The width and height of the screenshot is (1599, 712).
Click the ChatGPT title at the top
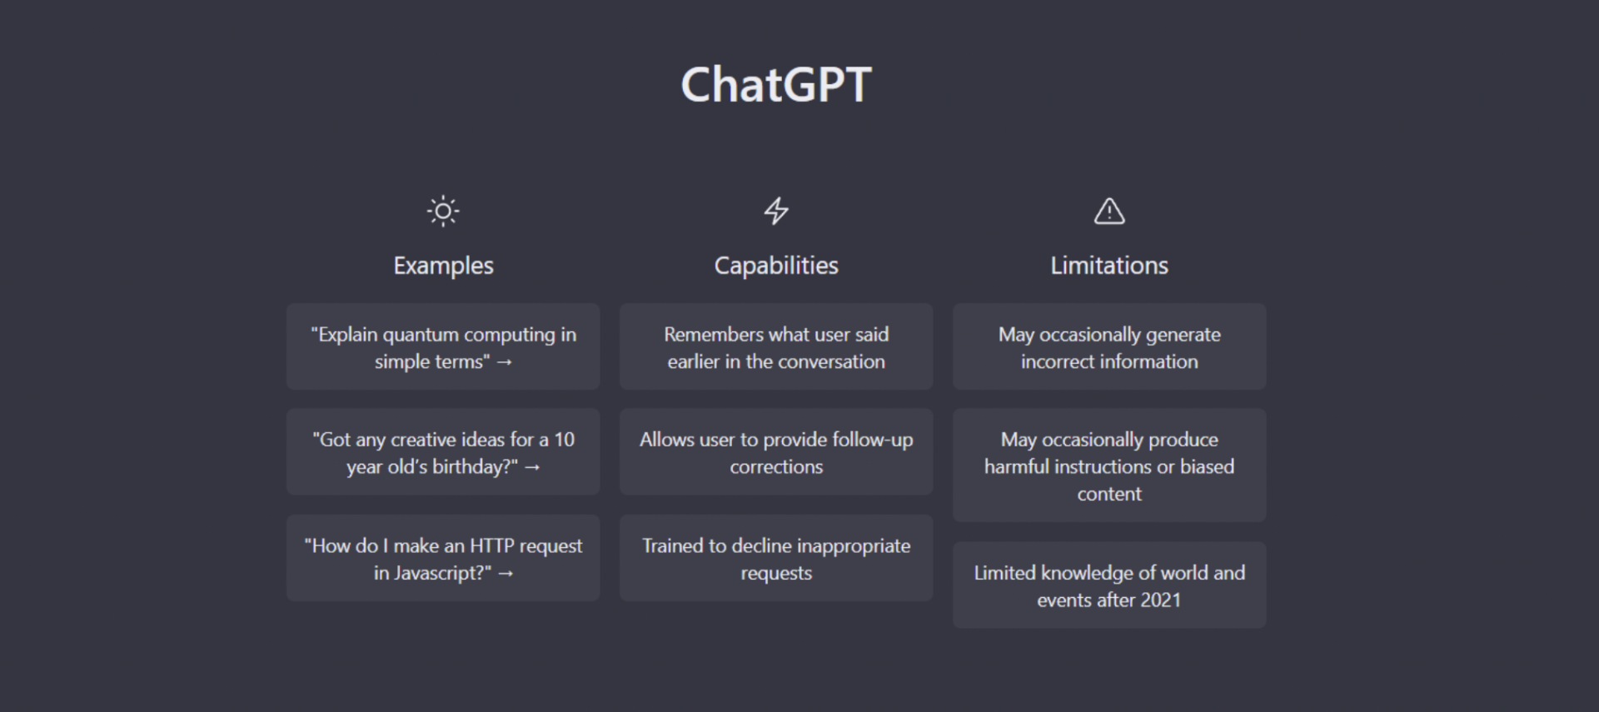coord(776,85)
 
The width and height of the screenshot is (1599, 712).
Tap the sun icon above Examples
coord(443,211)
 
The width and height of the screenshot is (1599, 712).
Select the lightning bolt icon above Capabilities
coord(776,211)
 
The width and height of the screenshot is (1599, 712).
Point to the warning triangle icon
coord(1109,211)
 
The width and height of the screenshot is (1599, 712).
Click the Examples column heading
coord(443,266)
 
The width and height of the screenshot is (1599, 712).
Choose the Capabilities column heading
coord(776,266)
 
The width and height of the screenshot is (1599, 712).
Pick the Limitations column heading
coord(1109,266)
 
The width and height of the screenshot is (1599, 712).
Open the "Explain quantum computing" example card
coord(443,346)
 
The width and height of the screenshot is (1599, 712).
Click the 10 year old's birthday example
coord(443,451)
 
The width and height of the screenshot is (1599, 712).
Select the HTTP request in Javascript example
coord(443,558)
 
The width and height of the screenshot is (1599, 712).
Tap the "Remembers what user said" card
coord(776,346)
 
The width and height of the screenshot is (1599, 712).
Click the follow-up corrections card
coord(776,451)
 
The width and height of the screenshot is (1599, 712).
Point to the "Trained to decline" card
coord(776,558)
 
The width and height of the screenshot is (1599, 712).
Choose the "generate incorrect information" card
coord(1109,346)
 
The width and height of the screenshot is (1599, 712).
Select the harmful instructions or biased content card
coord(1109,465)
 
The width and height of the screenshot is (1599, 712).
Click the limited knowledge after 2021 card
coord(1109,585)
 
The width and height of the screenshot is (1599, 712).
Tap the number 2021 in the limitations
coord(1160,600)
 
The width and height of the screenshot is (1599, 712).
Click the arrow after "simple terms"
coord(505,362)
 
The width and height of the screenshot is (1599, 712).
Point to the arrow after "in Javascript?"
coord(506,574)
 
